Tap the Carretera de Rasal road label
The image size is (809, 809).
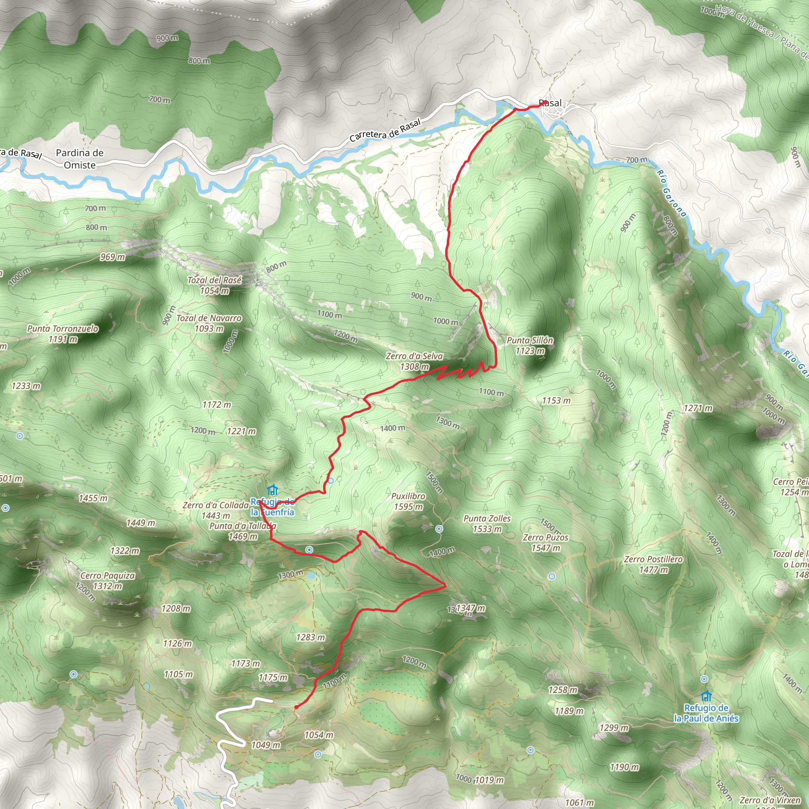click(385, 131)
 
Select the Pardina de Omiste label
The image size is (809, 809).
click(79, 159)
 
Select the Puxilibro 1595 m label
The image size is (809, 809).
click(408, 501)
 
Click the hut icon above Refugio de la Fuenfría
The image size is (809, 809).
click(273, 489)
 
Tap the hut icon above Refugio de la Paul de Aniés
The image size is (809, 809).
click(706, 696)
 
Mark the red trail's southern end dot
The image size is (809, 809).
click(296, 707)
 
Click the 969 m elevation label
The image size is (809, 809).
click(112, 257)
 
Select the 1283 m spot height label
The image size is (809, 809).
click(310, 637)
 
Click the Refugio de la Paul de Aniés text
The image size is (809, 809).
click(706, 713)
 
